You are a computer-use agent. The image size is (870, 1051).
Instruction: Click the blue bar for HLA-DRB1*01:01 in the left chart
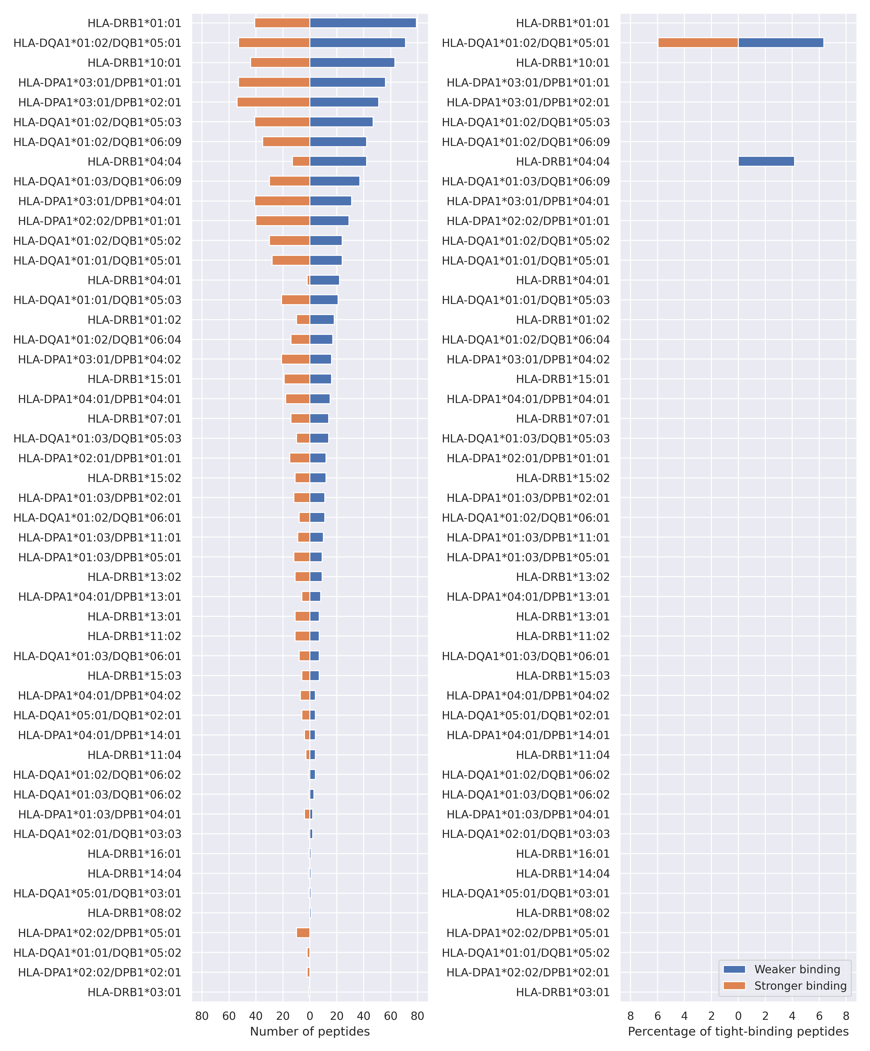click(x=363, y=23)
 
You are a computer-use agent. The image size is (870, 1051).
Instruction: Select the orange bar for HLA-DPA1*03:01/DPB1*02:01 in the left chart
click(x=273, y=102)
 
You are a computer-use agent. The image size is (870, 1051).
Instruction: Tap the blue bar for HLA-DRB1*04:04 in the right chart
click(x=766, y=161)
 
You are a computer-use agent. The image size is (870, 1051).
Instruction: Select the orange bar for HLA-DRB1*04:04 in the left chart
click(x=301, y=161)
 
